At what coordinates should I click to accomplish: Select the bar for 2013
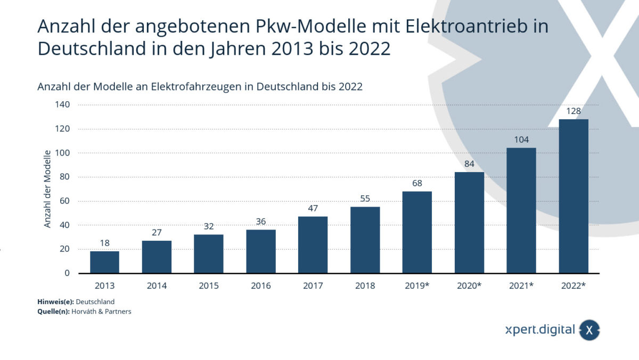[104, 262]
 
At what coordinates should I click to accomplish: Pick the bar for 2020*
[469, 223]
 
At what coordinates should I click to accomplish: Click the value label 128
[574, 111]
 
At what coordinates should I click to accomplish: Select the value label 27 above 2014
[157, 233]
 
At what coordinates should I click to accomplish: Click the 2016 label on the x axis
[261, 286]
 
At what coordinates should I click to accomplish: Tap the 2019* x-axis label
[417, 286]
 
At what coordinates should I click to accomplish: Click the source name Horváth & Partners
[101, 312]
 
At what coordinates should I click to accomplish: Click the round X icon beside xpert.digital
[589, 330]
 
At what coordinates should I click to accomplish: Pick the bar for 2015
[209, 254]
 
